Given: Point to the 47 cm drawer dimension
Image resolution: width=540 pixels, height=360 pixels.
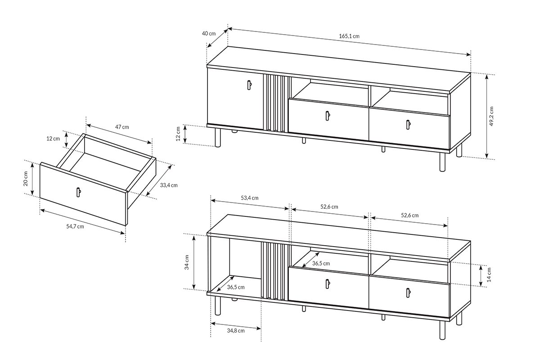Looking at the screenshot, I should [121, 127].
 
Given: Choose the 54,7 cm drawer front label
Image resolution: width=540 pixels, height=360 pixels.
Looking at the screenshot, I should [75, 226].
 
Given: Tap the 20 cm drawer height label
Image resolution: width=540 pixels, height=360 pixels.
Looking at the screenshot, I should [26, 180].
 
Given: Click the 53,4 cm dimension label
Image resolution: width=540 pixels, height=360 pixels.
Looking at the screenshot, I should [249, 198].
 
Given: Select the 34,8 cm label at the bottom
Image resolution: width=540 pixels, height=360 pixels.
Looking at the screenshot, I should [235, 331].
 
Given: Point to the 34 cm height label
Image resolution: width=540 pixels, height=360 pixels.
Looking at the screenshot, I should [187, 262].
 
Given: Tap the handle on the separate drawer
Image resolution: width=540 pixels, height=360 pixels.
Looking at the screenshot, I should [78, 192].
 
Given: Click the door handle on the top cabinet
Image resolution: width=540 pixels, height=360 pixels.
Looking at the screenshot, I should [249, 85].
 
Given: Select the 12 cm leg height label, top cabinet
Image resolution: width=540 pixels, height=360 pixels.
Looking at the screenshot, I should [178, 134].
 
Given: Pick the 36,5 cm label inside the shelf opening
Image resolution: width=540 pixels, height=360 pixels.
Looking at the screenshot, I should [321, 263].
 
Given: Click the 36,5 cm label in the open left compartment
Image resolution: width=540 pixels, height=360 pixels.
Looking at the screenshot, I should [236, 287].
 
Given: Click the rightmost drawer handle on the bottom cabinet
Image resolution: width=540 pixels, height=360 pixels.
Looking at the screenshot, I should [408, 293].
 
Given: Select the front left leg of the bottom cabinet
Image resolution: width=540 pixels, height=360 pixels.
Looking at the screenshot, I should [218, 306].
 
